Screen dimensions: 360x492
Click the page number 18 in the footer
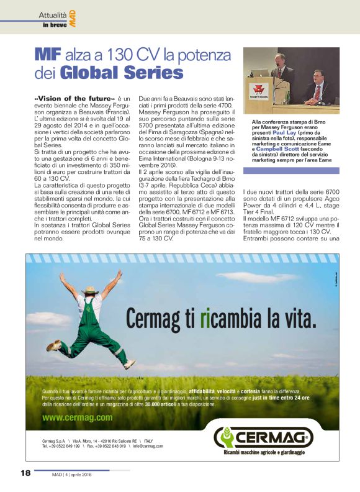(x=25, y=473)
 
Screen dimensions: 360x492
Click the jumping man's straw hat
(x=91, y=290)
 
